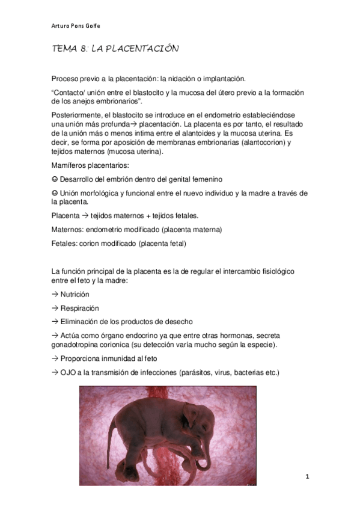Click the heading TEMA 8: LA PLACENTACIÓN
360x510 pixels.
(x=115, y=49)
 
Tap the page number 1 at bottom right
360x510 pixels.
(x=307, y=477)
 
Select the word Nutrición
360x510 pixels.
(x=75, y=295)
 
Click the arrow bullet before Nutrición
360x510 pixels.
(x=55, y=295)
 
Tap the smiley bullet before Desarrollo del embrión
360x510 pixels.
(x=55, y=179)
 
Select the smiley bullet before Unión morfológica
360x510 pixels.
(x=55, y=192)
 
